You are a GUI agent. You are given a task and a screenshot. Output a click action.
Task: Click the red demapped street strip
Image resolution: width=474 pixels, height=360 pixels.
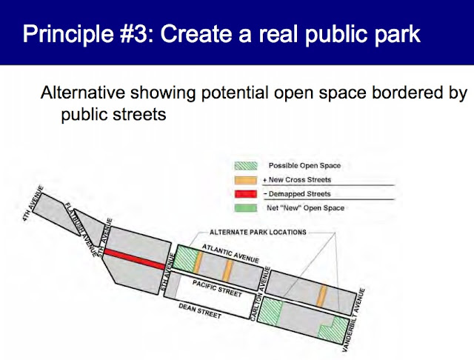pos(135,259)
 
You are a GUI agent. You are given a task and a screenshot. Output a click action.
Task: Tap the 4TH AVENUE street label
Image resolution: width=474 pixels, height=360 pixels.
pos(33,204)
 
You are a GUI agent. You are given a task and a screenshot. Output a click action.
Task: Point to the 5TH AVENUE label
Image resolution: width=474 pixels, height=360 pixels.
pos(103,237)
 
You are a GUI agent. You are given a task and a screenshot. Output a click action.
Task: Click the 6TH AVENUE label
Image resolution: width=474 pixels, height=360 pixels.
pos(167,273)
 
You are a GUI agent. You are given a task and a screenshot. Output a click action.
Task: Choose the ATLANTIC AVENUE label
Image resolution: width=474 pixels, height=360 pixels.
pos(230,253)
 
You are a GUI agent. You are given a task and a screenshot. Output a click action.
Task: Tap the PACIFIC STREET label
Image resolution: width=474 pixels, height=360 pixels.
pos(217,288)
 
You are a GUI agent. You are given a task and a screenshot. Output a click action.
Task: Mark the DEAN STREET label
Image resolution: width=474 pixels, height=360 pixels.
pos(200,310)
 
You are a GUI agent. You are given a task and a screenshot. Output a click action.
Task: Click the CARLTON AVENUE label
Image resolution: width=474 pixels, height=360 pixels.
pos(260,293)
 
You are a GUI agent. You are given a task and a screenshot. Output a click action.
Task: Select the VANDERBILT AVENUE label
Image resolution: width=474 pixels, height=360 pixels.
pos(354,320)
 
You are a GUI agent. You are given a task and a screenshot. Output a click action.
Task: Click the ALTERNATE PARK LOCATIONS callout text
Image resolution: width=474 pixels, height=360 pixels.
pos(258,232)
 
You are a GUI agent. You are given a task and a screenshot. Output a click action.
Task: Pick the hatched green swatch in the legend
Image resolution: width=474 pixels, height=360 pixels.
pos(246,166)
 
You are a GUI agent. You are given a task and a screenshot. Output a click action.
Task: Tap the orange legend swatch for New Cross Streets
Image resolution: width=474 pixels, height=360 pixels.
pos(246,180)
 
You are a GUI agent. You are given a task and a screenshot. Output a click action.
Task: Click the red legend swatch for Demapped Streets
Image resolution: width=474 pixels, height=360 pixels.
pos(246,194)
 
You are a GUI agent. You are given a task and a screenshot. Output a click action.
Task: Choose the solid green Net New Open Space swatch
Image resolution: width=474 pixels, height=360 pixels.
pos(246,208)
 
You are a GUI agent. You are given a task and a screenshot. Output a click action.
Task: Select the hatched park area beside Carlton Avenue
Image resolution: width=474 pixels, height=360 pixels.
pos(271,312)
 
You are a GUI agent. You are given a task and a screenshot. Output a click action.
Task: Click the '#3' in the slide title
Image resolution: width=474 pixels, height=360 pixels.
pos(136,33)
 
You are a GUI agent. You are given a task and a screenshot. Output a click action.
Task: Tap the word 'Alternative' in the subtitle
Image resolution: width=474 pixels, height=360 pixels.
pos(82,92)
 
